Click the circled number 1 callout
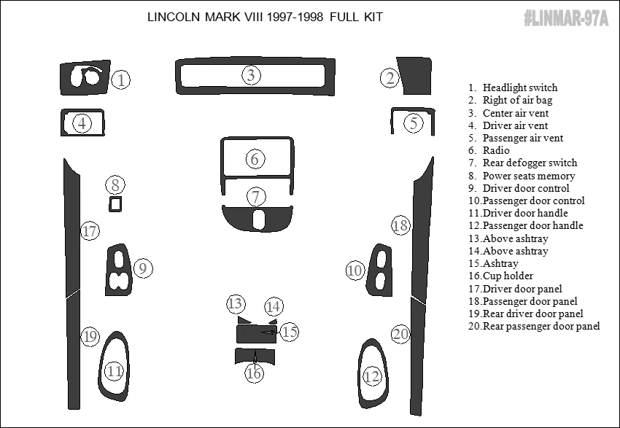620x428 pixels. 122,79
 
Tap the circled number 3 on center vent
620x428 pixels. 251,74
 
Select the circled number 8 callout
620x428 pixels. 115,184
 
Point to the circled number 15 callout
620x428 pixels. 290,332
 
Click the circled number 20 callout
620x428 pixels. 400,334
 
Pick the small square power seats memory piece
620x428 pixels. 115,204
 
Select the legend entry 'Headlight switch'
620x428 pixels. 519,87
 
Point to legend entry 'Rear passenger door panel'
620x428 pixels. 540,326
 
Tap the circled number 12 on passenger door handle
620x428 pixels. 372,376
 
